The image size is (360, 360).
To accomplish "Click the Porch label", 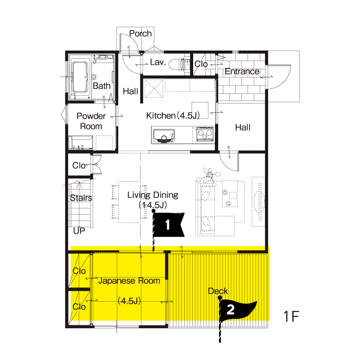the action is coord(140,34).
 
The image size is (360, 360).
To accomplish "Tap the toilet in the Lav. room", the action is coord(177,64).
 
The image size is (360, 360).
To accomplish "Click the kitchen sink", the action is coord(164,136).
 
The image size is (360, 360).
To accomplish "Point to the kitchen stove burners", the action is coord(205,134).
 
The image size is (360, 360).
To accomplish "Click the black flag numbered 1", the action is coord(169,225).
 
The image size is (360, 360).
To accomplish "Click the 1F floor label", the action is coord(291,316).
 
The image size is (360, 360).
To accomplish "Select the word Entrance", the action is coord(242,71).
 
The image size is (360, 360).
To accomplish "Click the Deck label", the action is coord(218,291).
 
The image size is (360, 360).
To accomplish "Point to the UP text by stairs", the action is coord(79,231).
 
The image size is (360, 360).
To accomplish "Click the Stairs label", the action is coord(81,198).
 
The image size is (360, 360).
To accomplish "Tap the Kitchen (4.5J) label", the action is coord(173,116).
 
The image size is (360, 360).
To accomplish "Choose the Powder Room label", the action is coord(91,121).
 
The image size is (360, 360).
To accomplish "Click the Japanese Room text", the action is coord(129,281).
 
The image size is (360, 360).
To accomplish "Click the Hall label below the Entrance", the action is coord(243,127).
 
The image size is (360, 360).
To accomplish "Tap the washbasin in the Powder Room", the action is coord(80,143).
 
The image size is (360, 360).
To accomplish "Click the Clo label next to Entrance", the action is coord(201,64).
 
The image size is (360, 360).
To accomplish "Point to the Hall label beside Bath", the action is coord(131,92).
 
